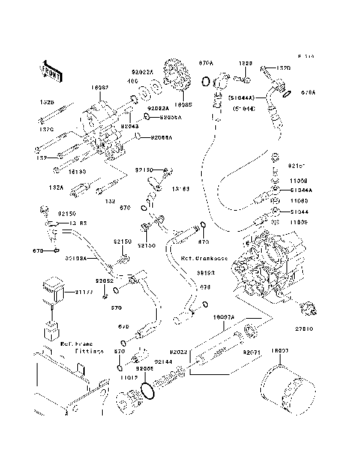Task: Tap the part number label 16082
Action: [100, 88]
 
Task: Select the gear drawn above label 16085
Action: [177, 78]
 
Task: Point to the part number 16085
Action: [184, 104]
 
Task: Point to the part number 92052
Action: [104, 280]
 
